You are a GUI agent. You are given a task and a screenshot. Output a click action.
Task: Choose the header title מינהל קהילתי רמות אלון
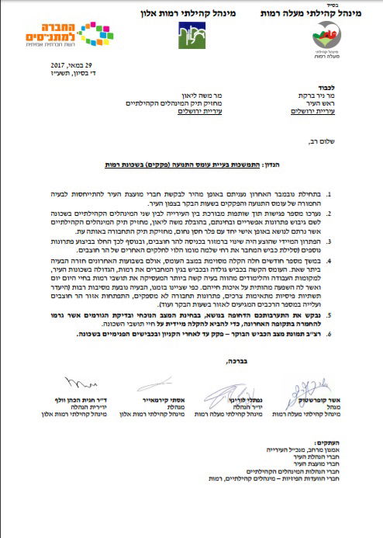coord(176,9)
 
